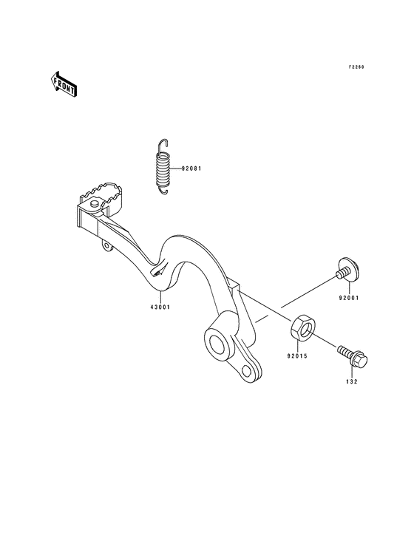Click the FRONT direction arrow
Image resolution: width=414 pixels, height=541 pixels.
click(x=63, y=84)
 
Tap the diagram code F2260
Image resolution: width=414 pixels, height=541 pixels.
click(x=356, y=67)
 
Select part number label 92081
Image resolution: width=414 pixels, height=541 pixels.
click(x=191, y=169)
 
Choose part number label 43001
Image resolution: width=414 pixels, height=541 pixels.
click(x=160, y=307)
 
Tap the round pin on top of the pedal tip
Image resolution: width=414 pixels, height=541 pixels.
click(x=93, y=205)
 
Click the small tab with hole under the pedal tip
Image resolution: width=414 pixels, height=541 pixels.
click(x=107, y=245)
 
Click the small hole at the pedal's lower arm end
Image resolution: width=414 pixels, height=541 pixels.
click(x=246, y=371)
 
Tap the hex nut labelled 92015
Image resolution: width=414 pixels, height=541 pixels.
click(x=302, y=327)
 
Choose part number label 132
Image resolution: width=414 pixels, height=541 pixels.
click(x=352, y=381)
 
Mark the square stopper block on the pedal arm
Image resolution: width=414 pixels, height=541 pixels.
click(x=233, y=285)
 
